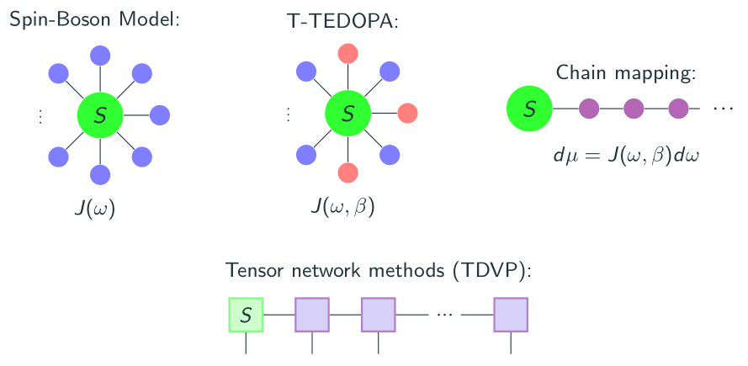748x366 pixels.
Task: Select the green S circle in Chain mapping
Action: (x=528, y=109)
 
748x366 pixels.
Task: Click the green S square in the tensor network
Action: (x=246, y=315)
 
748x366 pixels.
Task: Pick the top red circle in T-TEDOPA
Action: (x=347, y=54)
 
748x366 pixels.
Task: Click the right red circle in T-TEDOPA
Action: (x=407, y=113)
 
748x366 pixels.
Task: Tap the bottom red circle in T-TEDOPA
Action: (x=347, y=173)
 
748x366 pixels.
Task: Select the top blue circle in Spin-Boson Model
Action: (x=100, y=55)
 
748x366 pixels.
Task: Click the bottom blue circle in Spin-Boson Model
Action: (x=100, y=174)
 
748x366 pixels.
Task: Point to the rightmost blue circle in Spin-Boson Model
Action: (x=160, y=114)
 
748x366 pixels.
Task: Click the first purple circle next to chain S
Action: (x=588, y=109)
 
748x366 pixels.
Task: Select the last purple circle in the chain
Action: (x=679, y=109)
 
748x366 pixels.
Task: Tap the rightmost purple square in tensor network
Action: (x=511, y=315)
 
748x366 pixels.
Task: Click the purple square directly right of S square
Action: (x=311, y=315)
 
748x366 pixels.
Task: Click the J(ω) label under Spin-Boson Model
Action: (x=94, y=207)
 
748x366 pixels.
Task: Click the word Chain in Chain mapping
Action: (x=581, y=73)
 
